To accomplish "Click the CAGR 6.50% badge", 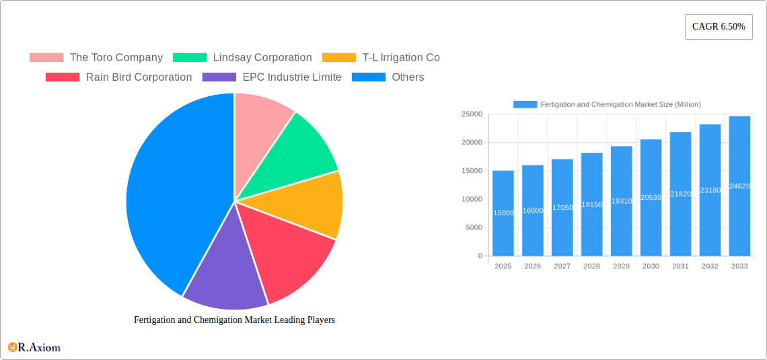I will (718, 26).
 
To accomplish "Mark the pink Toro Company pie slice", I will (259, 121).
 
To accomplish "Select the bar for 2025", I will (503, 213).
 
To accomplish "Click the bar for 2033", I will (739, 186).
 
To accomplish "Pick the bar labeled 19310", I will (621, 201).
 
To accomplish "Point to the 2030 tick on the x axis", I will (651, 266).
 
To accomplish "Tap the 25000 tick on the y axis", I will (471, 114).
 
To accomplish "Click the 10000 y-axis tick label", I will (471, 199).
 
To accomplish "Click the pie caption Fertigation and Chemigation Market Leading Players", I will (234, 320).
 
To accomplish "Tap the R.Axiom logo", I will (34, 347).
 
